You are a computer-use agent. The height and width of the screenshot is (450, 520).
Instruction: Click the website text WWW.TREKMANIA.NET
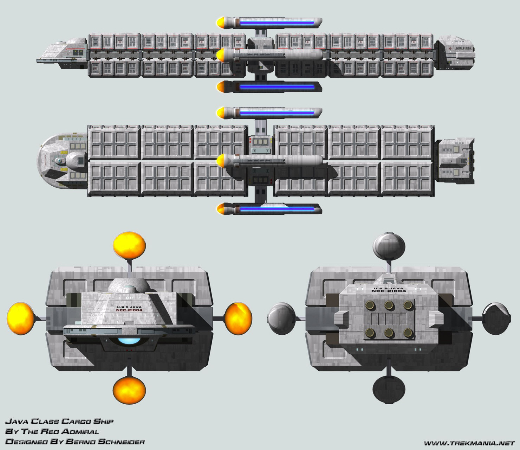[x=469, y=443]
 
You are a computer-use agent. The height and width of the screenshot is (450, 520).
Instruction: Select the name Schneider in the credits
[x=122, y=442]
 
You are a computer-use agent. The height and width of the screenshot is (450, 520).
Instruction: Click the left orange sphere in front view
[x=20, y=318]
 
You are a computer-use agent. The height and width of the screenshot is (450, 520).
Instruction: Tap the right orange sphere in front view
[x=238, y=318]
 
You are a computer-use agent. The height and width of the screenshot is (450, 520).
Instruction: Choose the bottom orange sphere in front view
[x=129, y=390]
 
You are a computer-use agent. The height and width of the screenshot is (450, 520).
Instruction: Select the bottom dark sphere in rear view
[x=389, y=390]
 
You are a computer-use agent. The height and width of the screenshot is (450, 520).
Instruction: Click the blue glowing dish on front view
[x=129, y=340]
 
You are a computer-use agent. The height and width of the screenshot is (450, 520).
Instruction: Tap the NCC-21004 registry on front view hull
[x=129, y=310]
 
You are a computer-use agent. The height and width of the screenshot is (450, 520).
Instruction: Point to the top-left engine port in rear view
[x=369, y=305]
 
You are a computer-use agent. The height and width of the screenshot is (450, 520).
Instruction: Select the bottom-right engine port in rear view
[x=408, y=333]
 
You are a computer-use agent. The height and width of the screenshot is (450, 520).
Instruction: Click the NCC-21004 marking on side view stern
[x=463, y=48]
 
